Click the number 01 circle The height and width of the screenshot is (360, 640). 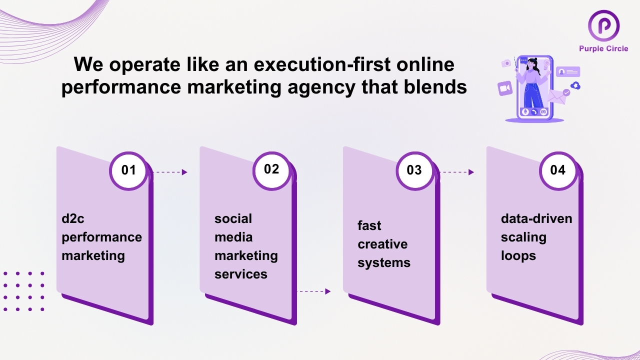[x=128, y=171]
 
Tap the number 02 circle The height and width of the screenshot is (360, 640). [x=271, y=171]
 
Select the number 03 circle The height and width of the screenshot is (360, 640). [x=415, y=171]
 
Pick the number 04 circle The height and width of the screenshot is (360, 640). [x=558, y=171]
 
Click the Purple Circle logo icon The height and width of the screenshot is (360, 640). [x=603, y=25]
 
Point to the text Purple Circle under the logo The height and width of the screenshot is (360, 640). [x=603, y=49]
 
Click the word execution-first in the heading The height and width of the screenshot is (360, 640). [x=322, y=64]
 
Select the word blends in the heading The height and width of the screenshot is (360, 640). [x=435, y=86]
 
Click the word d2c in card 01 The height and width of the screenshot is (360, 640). [x=73, y=219]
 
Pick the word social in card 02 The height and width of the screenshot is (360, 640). [x=233, y=219]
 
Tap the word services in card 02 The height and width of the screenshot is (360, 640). [x=241, y=274]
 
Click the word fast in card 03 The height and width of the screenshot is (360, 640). [x=369, y=225]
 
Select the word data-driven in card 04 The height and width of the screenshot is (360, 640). [x=536, y=219]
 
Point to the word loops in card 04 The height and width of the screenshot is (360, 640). [x=518, y=256]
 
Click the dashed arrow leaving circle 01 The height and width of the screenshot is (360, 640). [x=170, y=172]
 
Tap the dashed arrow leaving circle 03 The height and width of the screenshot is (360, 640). [x=457, y=172]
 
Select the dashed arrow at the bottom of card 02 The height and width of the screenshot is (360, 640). [x=313, y=291]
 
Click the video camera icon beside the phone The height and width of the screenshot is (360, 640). [x=505, y=88]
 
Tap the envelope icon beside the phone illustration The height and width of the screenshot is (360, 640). [x=557, y=97]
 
